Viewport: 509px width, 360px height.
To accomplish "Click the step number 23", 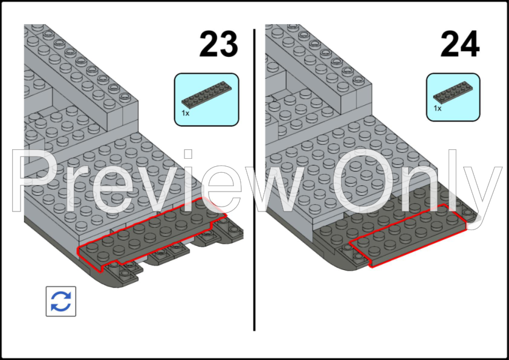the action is (218, 44).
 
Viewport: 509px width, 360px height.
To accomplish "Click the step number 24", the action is (459, 44).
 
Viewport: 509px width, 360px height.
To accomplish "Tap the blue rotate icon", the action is (61, 301).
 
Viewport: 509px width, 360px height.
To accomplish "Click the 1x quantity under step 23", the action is (186, 113).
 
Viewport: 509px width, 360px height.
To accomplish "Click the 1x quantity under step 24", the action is (437, 108).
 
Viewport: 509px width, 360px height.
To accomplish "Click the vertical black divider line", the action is (254, 180).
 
